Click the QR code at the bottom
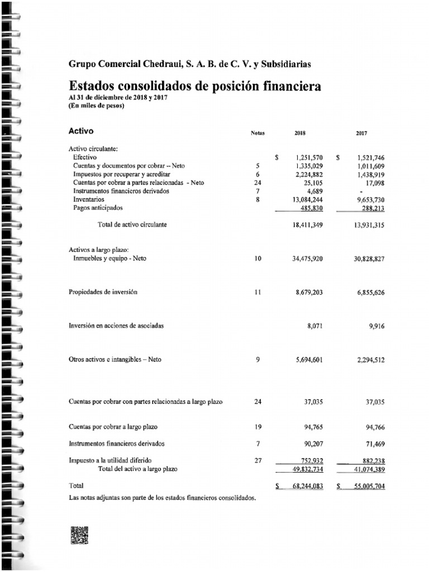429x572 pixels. click(x=79, y=535)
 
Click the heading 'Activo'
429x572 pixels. click(x=81, y=131)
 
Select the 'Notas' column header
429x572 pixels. click(x=258, y=133)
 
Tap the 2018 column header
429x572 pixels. click(x=300, y=133)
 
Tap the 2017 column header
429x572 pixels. click(x=361, y=133)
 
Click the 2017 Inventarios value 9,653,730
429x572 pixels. click(x=370, y=199)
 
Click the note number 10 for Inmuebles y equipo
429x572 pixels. click(x=258, y=259)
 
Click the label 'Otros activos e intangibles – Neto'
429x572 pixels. click(x=115, y=359)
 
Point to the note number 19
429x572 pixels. click(x=258, y=427)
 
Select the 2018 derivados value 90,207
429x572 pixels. click(x=312, y=444)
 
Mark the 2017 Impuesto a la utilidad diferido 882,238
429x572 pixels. click(x=371, y=461)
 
